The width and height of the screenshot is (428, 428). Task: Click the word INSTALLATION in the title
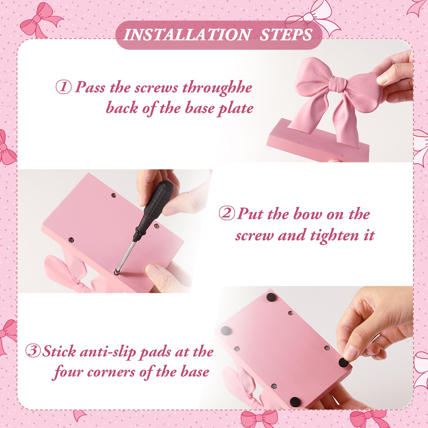pyautogui.click(x=187, y=35)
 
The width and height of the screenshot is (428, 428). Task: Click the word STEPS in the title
pyautogui.click(x=286, y=35)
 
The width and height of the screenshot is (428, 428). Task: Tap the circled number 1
pyautogui.click(x=63, y=87)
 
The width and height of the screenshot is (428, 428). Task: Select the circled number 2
pyautogui.click(x=227, y=214)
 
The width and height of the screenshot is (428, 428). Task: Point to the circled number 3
pyautogui.click(x=33, y=351)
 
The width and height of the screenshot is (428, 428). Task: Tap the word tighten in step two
pyautogui.click(x=334, y=236)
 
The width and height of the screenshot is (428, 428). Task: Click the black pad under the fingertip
pyautogui.click(x=343, y=363)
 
